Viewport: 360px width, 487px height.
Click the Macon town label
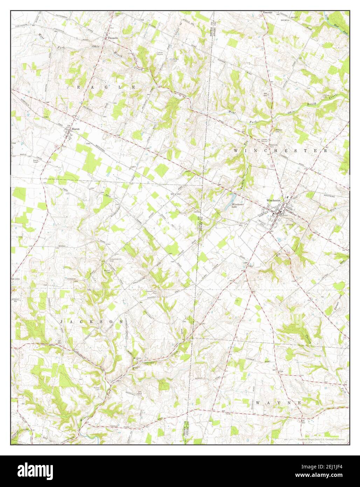coord(75,129)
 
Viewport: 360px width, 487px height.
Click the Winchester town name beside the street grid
coord(274,200)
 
